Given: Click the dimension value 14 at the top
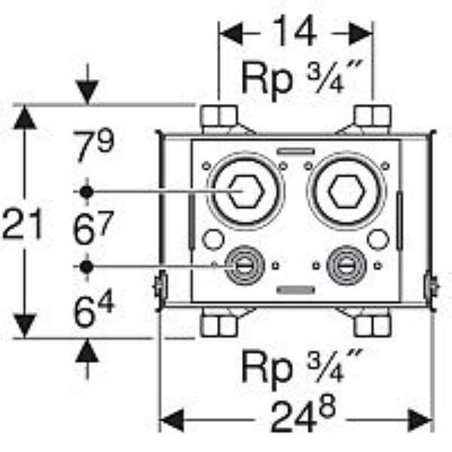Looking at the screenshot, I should [295, 34].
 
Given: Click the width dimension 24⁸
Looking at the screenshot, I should [295, 414].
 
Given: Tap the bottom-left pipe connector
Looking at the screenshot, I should [218, 325].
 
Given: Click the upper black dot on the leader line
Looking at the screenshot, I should [87, 192].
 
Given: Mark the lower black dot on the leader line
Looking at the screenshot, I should [87, 267].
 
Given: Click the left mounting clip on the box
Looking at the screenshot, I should [160, 287].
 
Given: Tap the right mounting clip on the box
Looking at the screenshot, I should [432, 287].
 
